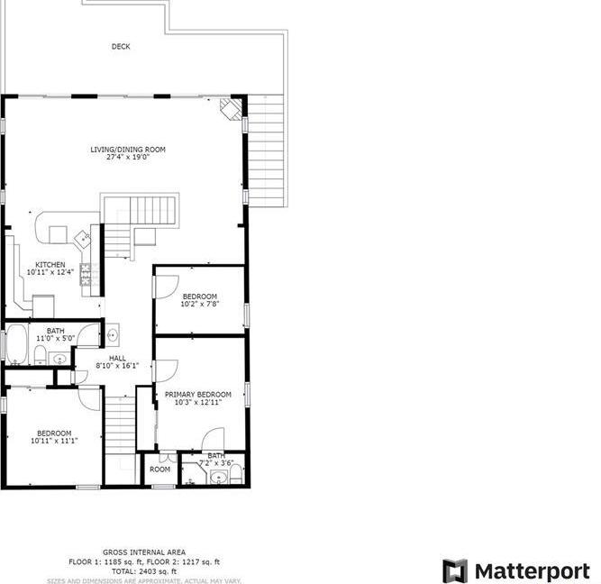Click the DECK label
click(120, 46)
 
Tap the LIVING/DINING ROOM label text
click(127, 149)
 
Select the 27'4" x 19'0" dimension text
click(127, 157)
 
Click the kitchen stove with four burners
click(87, 273)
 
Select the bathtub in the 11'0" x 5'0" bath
click(17, 345)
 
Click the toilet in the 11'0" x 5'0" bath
click(41, 351)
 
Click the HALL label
click(117, 358)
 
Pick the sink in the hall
click(112, 336)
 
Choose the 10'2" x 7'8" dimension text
click(199, 305)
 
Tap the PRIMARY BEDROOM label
click(197, 394)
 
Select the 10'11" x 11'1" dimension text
click(54, 441)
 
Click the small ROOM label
click(159, 469)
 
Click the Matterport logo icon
click(455, 570)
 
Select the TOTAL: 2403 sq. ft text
click(143, 570)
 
